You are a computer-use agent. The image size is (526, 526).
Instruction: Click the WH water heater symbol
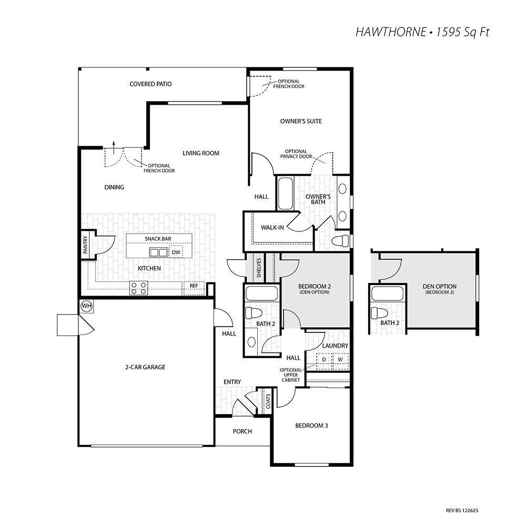click(x=87, y=306)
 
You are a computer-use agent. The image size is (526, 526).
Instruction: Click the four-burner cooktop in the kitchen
click(x=139, y=288)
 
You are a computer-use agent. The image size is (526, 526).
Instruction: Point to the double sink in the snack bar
click(x=158, y=252)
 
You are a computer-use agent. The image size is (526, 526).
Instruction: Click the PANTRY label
click(x=85, y=245)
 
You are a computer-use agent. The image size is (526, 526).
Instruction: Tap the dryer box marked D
click(x=324, y=360)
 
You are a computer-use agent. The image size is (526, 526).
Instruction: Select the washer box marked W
click(x=340, y=360)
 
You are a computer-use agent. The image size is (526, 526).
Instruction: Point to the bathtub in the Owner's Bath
click(x=286, y=194)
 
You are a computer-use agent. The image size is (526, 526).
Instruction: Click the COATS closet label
click(x=268, y=401)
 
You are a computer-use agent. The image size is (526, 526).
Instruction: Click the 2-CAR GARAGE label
click(x=145, y=367)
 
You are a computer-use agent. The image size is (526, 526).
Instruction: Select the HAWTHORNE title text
click(x=391, y=32)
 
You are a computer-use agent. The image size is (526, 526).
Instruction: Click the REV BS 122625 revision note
click(x=462, y=511)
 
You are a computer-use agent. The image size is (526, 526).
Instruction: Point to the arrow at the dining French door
click(x=114, y=148)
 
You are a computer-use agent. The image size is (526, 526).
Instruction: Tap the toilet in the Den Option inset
click(x=379, y=313)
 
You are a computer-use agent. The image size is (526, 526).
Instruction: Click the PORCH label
click(x=242, y=431)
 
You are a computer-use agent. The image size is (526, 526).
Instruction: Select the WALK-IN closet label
click(x=272, y=227)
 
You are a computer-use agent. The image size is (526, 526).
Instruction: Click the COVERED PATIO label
click(x=150, y=84)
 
